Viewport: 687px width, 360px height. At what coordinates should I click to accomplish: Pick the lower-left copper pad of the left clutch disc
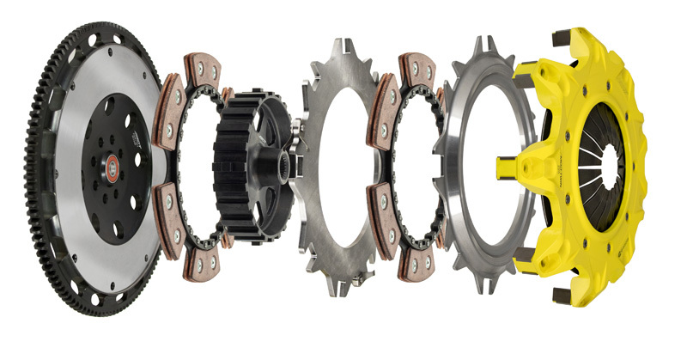pos(170,216)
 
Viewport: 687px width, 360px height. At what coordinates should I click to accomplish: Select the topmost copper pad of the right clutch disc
pos(417,69)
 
